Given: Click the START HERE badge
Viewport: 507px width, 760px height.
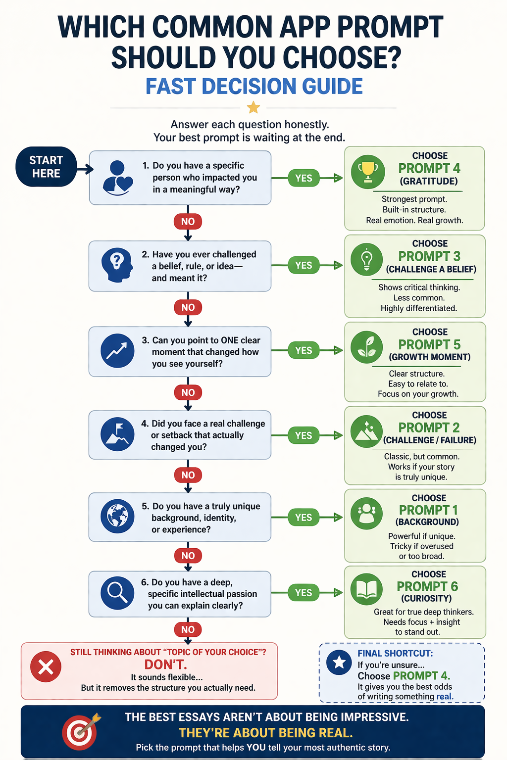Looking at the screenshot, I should coord(46,167).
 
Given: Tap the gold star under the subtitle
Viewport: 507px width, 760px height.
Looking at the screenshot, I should coord(253,107).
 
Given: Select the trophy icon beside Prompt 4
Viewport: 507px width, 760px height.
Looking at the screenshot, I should coord(367,172).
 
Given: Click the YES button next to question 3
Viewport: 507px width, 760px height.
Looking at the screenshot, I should coord(304,350).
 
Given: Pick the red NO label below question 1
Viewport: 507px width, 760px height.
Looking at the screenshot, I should coord(188,221).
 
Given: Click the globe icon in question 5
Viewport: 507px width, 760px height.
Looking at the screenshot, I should coord(117,516).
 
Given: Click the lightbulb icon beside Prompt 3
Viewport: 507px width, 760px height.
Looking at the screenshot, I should coord(366,259).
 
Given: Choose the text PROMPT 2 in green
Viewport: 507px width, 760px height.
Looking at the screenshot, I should coord(429,427).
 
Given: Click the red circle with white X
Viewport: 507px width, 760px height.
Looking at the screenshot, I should coord(46,667).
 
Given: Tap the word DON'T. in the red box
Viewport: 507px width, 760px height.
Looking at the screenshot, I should coord(166,665).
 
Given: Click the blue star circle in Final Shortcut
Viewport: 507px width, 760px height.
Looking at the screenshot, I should coord(339,662).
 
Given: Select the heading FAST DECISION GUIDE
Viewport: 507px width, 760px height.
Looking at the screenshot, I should coord(253,87).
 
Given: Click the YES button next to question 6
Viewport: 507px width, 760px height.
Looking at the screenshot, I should coord(304,592).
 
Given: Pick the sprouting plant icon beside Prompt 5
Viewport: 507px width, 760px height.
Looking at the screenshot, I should coord(366,347).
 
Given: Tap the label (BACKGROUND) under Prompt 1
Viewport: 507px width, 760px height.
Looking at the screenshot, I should coord(427,522).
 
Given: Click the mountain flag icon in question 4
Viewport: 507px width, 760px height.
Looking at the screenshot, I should coord(117,434).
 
